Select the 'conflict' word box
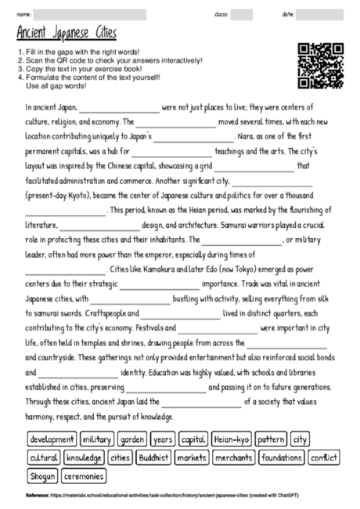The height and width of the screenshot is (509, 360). [323, 457]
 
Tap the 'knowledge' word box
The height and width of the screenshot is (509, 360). [84, 457]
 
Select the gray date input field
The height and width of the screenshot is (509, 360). [319, 15]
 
